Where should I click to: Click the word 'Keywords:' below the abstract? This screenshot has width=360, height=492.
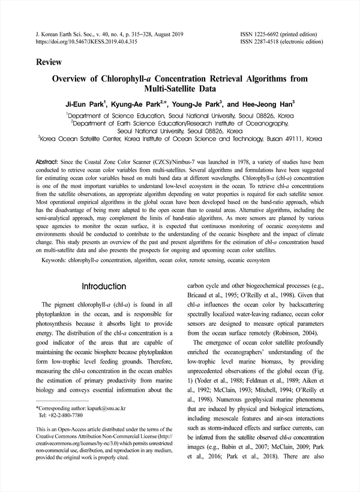(58, 261)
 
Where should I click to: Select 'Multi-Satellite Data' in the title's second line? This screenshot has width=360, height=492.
(179, 89)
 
